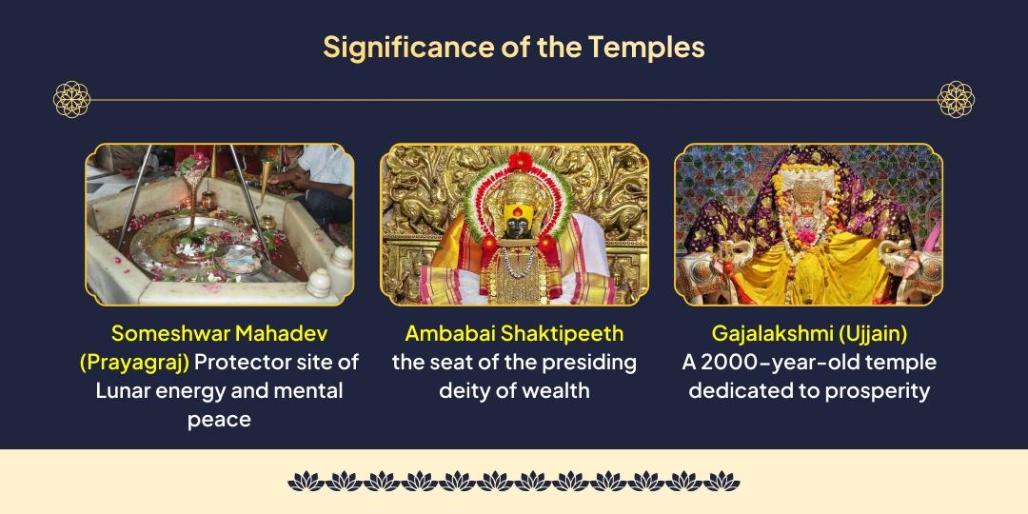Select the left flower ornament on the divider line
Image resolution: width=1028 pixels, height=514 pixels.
[x=71, y=99]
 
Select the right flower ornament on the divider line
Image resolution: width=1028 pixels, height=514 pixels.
[x=956, y=99]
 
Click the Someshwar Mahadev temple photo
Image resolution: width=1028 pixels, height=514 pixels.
[x=219, y=224]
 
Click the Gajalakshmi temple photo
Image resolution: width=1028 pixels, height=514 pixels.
[x=808, y=224]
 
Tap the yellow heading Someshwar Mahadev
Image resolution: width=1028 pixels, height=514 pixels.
[x=219, y=333]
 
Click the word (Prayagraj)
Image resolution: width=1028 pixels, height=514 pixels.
[x=134, y=363]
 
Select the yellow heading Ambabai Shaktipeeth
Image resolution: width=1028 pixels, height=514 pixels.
[x=514, y=333]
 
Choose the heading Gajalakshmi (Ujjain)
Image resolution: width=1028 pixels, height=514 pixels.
[x=808, y=333]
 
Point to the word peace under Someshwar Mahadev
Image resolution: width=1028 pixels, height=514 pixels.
[x=219, y=420]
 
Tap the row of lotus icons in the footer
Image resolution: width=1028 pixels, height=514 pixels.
[x=514, y=482]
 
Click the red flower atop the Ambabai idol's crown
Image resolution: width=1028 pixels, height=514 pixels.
[x=519, y=162]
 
